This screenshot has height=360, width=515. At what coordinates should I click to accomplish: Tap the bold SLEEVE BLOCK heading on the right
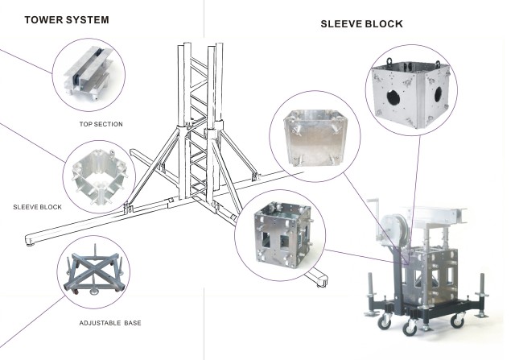(361, 25)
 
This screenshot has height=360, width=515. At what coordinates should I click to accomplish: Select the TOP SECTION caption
(101, 124)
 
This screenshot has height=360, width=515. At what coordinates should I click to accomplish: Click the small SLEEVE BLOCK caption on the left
(37, 207)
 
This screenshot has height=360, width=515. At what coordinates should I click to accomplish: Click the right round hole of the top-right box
(439, 95)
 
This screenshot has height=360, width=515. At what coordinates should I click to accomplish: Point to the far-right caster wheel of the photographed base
(482, 315)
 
